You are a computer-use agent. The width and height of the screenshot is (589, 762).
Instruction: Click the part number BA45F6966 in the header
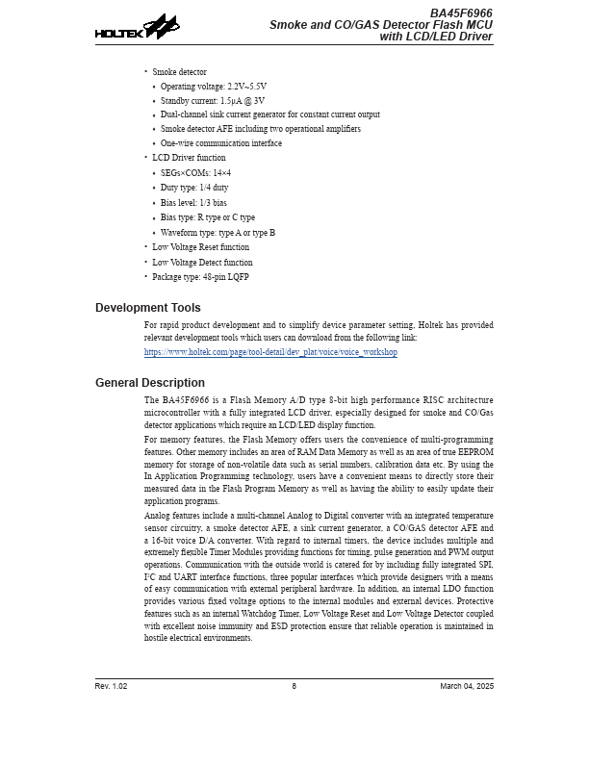click(461, 13)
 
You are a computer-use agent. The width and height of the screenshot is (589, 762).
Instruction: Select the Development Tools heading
click(148, 308)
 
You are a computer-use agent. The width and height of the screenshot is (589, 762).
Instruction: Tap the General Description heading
click(150, 383)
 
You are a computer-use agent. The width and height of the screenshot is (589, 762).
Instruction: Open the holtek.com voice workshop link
click(270, 353)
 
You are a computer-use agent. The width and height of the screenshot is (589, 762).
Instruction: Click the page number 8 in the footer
click(294, 686)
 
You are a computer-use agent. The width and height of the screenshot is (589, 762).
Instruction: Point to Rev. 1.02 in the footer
click(112, 686)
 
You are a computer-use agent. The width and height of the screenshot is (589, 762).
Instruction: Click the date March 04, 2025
click(467, 686)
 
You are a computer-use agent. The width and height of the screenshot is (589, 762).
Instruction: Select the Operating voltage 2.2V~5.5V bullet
click(214, 87)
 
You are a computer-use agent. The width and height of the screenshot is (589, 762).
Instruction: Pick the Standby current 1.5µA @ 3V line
click(213, 101)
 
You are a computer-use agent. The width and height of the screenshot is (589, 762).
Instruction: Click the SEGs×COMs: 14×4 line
click(195, 173)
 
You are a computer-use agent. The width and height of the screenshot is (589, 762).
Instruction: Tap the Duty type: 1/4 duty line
click(194, 188)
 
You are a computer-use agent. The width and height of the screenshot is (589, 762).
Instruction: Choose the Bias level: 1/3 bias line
click(193, 203)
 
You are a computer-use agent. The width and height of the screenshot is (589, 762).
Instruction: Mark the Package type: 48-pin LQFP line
click(200, 277)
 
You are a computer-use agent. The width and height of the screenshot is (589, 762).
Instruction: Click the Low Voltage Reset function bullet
click(200, 247)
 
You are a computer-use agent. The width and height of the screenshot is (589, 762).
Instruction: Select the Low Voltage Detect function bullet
click(202, 263)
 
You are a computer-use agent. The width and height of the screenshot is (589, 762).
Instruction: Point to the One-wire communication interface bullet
click(221, 143)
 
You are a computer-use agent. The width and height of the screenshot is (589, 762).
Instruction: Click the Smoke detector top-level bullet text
click(179, 72)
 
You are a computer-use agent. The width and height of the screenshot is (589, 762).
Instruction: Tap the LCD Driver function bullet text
click(189, 158)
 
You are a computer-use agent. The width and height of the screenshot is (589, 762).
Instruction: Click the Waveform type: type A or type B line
click(218, 233)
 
